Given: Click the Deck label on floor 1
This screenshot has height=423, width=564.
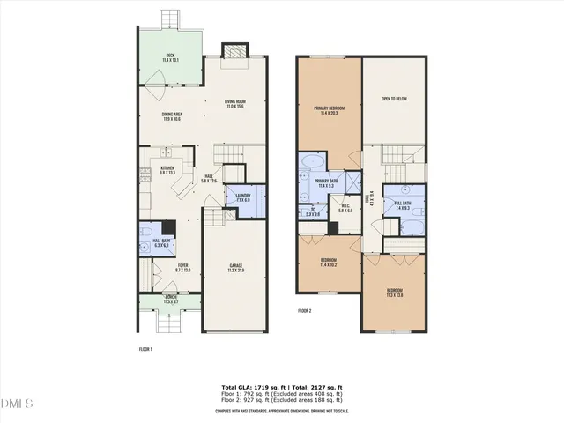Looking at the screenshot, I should [x=172, y=59].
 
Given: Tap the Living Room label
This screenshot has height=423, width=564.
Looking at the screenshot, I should [x=234, y=104].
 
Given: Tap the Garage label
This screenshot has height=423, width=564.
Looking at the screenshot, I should [x=236, y=267].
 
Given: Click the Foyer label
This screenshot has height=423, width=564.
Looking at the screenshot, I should [x=182, y=267].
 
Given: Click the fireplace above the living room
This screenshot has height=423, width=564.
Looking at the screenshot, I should [x=235, y=52].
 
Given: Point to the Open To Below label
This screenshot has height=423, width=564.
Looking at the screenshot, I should [x=393, y=99].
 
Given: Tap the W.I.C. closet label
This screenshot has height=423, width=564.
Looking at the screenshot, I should [x=346, y=210].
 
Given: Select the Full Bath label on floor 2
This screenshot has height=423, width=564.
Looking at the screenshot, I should [x=403, y=207].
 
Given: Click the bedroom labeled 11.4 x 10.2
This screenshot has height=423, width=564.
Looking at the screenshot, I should [x=329, y=262].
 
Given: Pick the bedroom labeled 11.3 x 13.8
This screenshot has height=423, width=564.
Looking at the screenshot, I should [x=394, y=292].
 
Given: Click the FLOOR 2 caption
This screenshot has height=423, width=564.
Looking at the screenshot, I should [x=304, y=311].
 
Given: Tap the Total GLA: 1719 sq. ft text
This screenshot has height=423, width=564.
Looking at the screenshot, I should [x=249, y=387].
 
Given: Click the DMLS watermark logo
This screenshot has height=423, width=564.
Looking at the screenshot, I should [x=17, y=404].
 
